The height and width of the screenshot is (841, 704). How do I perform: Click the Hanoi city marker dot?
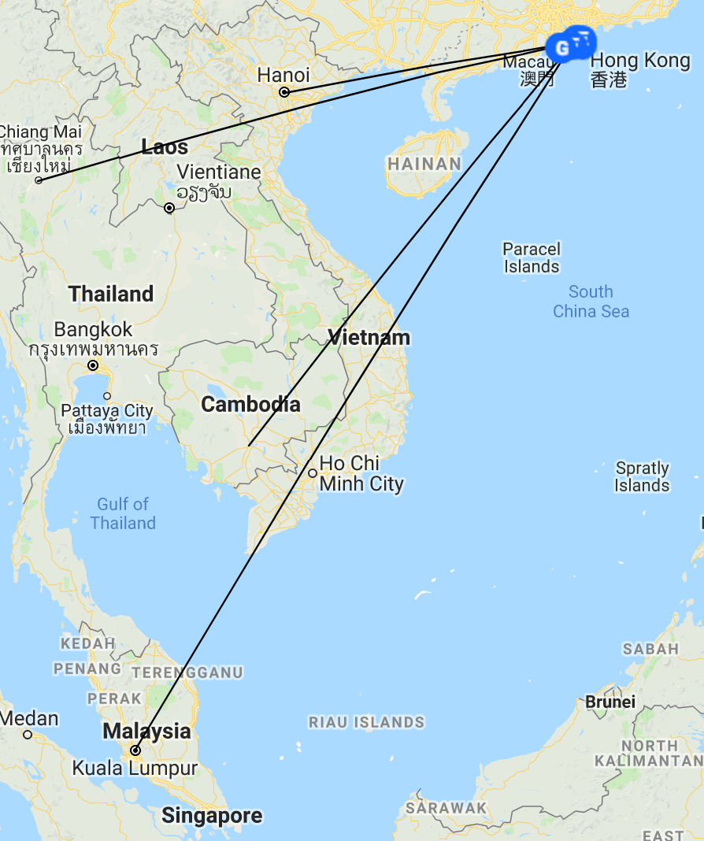pos(284,92)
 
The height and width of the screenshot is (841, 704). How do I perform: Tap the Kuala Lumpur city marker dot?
pos(135,750)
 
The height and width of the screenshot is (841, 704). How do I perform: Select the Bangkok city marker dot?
pos(93,365)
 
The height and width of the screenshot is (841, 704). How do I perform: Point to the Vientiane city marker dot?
pos(169,208)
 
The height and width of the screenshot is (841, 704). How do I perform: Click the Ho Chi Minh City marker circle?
pos(313,473)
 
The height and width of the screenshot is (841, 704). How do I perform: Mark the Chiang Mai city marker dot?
pos(39,180)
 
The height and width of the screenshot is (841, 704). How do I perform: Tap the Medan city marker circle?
pos(28,735)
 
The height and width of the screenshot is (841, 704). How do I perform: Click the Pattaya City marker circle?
pos(107,395)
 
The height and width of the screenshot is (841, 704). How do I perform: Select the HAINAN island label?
pos(424,165)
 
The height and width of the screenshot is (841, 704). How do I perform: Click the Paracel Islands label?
pos(532,257)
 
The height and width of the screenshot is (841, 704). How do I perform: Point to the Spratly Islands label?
pos(642,476)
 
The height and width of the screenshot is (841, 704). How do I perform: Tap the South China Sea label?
pos(591,302)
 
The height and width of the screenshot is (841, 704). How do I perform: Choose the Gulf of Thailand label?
pos(123,513)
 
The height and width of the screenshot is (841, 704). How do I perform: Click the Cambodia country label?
pos(250,405)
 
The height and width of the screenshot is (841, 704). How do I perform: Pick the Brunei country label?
pos(610,702)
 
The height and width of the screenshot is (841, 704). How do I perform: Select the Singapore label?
pos(212,816)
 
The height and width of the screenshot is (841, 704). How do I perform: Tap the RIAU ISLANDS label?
pos(366,722)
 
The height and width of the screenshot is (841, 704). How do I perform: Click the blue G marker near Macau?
pos(561,48)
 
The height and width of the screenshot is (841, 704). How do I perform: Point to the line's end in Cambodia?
pos(248,447)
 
